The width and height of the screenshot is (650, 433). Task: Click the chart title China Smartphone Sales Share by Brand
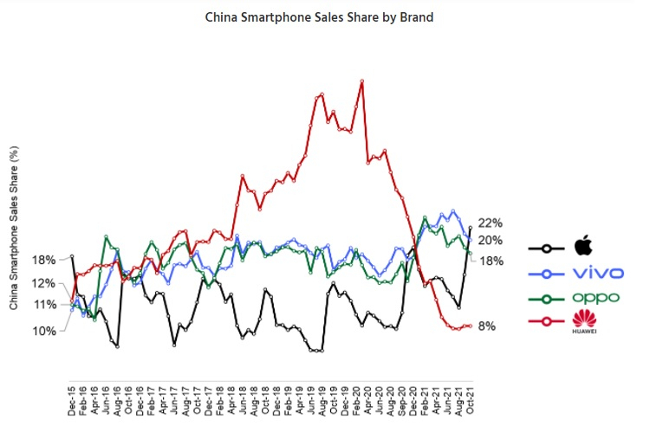coord(319,16)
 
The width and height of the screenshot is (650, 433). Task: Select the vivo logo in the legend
coord(598,273)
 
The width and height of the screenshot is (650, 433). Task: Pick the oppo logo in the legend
coord(595,298)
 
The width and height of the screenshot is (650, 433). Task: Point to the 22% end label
coord(491,223)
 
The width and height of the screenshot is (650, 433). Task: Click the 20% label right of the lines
coord(491,241)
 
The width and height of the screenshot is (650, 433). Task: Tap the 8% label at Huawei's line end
coord(487,326)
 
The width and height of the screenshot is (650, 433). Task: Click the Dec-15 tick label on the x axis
coord(72,400)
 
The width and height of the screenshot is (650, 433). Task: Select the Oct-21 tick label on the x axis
coord(470,400)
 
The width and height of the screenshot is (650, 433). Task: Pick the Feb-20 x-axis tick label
coord(356,400)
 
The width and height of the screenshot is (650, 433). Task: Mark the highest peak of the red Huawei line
coord(361,81)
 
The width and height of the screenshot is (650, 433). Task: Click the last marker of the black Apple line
coord(470,228)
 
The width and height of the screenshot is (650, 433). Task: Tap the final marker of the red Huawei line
coord(470,326)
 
